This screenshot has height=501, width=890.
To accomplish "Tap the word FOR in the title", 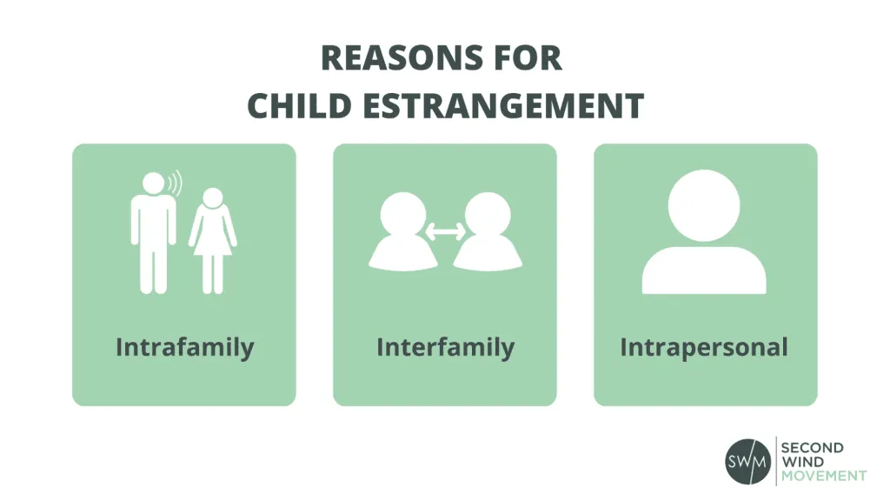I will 529,59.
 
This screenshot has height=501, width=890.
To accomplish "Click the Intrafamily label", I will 184,348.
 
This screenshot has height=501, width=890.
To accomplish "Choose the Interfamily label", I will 445,348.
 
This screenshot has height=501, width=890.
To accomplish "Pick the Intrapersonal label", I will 704,348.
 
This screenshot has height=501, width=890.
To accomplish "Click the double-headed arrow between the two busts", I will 445,232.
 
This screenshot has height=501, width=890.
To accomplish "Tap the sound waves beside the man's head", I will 176,184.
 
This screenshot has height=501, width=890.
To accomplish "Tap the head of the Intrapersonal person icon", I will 704,204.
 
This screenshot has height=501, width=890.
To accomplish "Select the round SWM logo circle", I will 747,461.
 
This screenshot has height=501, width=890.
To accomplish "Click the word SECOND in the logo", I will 813,448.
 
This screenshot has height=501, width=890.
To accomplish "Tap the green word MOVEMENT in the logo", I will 823,476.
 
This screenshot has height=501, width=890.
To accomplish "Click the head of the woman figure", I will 212,198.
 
